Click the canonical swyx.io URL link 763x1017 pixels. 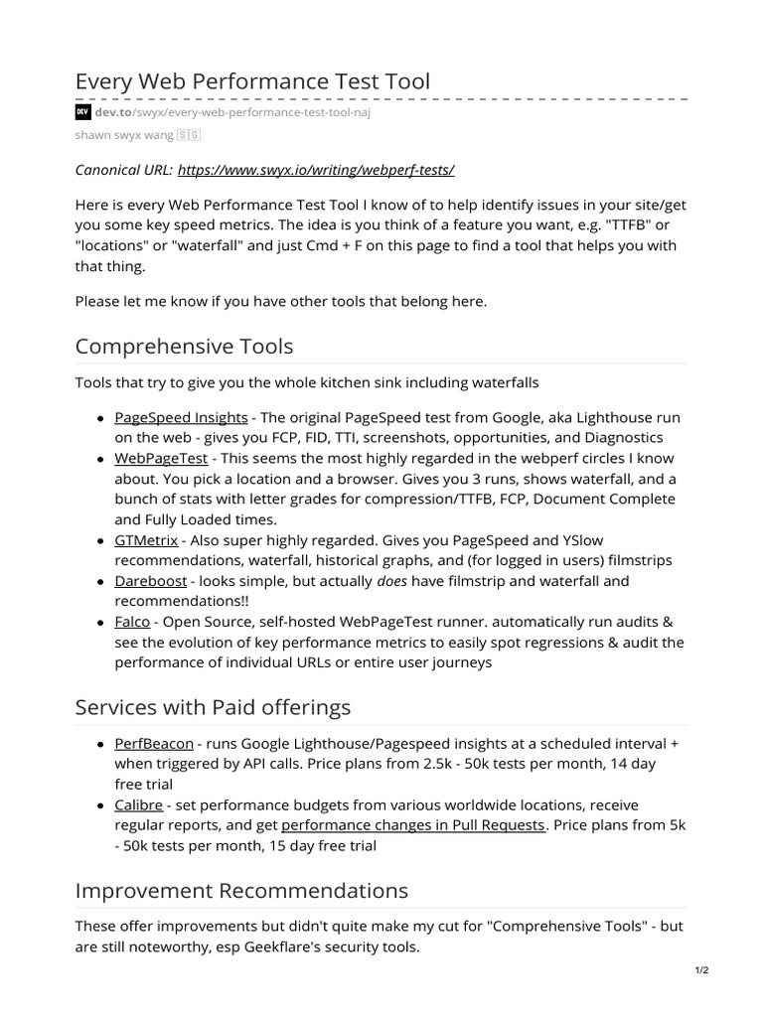[x=316, y=170]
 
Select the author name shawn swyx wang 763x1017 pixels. [x=124, y=135]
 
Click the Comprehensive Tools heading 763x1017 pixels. [x=184, y=347]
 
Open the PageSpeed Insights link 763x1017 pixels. [x=181, y=417]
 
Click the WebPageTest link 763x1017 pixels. [x=161, y=458]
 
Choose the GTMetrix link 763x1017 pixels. [x=146, y=540]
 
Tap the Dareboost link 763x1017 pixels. [x=150, y=581]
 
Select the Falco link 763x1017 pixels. [x=132, y=622]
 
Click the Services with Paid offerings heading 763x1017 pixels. [x=213, y=707]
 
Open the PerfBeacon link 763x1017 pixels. [x=154, y=743]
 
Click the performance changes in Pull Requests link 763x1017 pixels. [x=413, y=825]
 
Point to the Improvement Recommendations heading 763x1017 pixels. [x=241, y=890]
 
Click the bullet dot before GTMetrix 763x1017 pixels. [x=102, y=541]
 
